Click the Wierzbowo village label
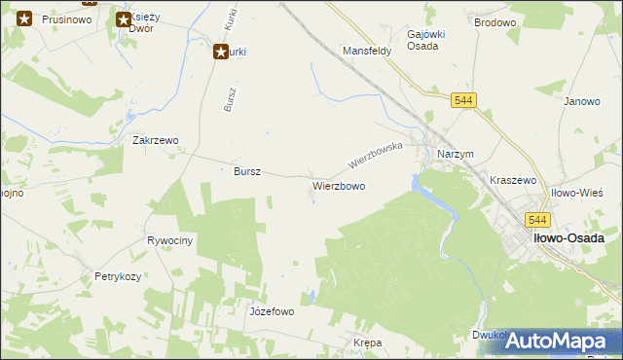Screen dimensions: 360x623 tap(339, 185)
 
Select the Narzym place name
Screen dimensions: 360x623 tap(456, 155)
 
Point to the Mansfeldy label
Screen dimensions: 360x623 tap(367, 50)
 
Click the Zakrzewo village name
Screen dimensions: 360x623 tap(156, 140)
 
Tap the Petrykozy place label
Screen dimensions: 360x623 tap(118, 277)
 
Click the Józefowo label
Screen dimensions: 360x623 tap(272, 311)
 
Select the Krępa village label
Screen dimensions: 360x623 tap(367, 343)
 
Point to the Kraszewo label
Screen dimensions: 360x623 tap(514, 180)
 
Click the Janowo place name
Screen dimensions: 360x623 tap(581, 101)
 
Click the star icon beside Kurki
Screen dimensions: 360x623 tap(221, 53)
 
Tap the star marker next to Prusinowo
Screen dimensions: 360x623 tap(26, 18)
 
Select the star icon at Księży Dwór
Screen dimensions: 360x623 tap(124, 19)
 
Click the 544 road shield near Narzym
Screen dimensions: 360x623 tap(463, 100)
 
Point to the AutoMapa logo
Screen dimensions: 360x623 tap(556, 341)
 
